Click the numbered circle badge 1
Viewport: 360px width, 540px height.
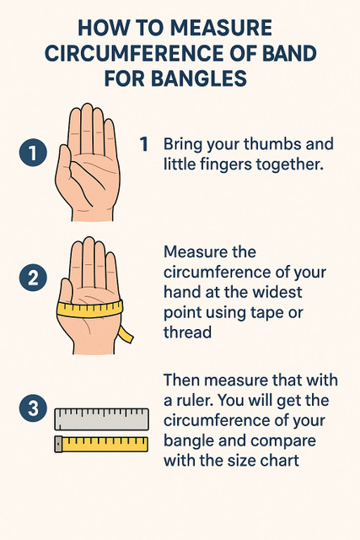(x=33, y=153)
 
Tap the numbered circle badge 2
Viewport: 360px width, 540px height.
(x=33, y=278)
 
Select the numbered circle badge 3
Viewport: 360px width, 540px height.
(x=33, y=408)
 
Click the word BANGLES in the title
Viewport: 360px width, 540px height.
(x=199, y=78)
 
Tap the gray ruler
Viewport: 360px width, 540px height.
(x=101, y=419)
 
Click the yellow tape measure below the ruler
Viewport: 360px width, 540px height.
(x=101, y=445)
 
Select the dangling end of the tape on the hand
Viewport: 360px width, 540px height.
(x=126, y=334)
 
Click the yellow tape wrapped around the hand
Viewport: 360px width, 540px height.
(x=89, y=310)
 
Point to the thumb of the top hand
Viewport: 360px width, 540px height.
(x=65, y=162)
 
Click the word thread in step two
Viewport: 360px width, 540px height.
(x=187, y=332)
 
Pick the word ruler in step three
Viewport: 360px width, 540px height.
(x=193, y=401)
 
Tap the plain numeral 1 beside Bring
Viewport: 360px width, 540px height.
(x=144, y=144)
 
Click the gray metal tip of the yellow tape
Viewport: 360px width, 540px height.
(x=58, y=445)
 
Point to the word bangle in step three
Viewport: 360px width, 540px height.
(x=185, y=440)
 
